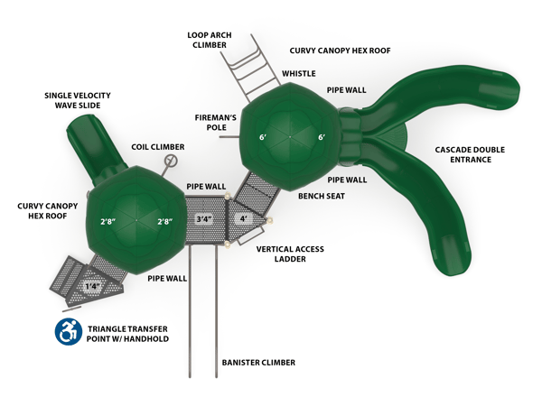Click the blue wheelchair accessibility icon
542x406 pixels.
point(68,331)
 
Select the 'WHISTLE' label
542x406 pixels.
point(298,74)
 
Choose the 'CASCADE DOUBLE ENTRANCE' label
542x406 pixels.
point(463,154)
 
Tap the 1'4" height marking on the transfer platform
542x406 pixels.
point(92,287)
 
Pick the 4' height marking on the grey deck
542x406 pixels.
point(242,219)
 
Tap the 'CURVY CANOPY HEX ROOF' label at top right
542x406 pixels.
point(340,51)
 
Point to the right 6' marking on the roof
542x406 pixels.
point(320,137)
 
